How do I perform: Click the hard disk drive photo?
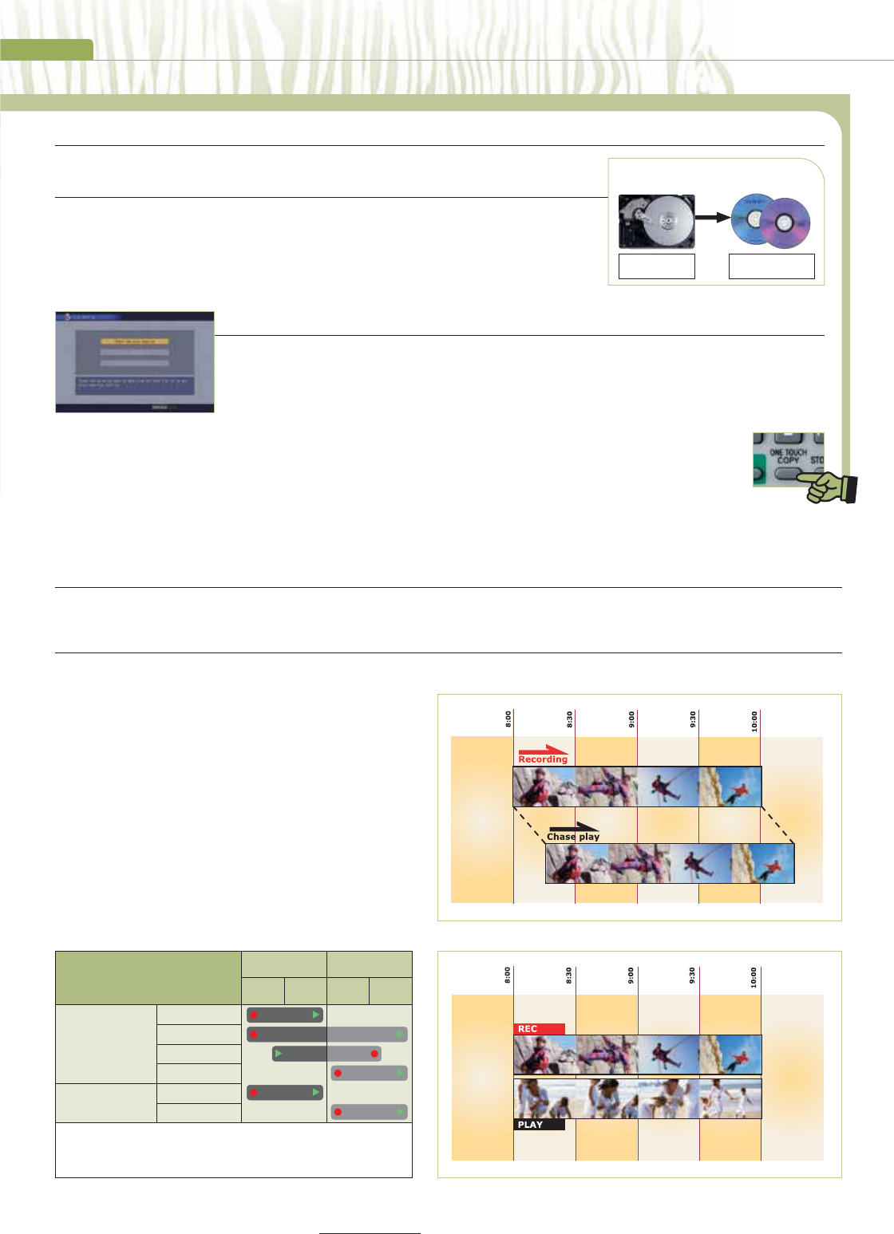click(x=656, y=221)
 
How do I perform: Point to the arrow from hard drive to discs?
click(x=712, y=217)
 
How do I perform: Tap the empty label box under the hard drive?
click(x=656, y=266)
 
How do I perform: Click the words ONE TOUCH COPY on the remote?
click(x=788, y=456)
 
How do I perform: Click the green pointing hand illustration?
click(x=831, y=487)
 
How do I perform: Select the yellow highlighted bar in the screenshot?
click(x=134, y=341)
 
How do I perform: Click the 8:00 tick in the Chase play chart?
click(x=508, y=720)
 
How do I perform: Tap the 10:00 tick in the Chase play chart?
click(x=755, y=721)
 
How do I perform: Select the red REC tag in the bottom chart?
click(x=539, y=1029)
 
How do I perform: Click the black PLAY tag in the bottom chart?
click(x=539, y=1125)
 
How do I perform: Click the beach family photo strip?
click(x=637, y=1098)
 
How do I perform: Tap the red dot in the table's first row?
click(x=254, y=1015)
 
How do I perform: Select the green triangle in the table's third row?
click(x=279, y=1054)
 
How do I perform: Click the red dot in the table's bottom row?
click(x=338, y=1111)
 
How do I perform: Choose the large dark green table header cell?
click(x=148, y=977)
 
